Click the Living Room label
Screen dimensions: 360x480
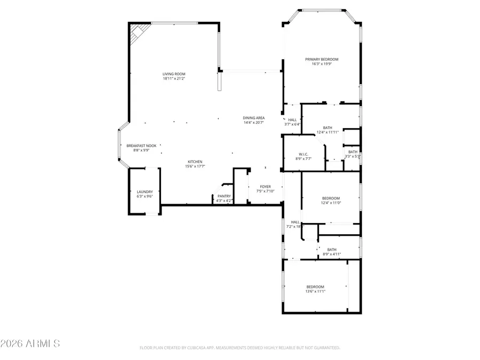(x=174, y=74)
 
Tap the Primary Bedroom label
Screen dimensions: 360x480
(x=322, y=59)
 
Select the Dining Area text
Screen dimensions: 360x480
(x=254, y=118)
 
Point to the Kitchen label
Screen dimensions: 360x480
(x=195, y=162)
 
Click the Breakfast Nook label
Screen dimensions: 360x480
(x=141, y=146)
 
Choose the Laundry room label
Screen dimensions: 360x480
(x=145, y=191)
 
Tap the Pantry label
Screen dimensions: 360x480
(x=224, y=196)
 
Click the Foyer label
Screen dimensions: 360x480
(x=265, y=187)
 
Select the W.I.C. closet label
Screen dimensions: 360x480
(x=303, y=154)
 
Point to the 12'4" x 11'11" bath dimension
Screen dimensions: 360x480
(x=327, y=132)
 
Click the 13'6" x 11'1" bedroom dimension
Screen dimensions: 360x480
(x=315, y=292)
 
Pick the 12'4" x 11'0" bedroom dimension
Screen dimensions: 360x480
(x=331, y=203)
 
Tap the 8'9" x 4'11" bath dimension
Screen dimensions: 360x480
(x=332, y=254)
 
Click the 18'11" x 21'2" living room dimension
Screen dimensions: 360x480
(x=174, y=79)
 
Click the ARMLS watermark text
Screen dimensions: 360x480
(x=30, y=343)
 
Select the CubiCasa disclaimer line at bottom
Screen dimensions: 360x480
(x=239, y=348)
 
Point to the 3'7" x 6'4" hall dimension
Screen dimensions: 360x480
(x=292, y=124)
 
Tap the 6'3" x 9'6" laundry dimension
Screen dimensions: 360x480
(x=145, y=196)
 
